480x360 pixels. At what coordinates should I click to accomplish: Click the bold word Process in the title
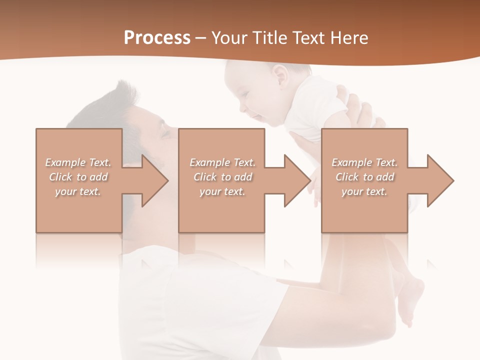click(x=157, y=38)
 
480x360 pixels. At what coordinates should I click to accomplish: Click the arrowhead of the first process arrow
click(x=155, y=180)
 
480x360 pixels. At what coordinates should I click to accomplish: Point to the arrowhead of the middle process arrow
click(x=297, y=180)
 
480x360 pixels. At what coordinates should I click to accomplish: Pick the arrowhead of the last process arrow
click(x=440, y=180)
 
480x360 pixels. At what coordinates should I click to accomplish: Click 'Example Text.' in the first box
click(x=78, y=162)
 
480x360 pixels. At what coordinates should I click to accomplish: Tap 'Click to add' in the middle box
click(x=222, y=177)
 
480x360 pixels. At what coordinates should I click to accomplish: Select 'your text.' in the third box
click(x=364, y=191)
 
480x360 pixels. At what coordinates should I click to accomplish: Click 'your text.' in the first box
click(x=78, y=191)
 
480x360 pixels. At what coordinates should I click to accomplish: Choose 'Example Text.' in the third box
click(x=364, y=162)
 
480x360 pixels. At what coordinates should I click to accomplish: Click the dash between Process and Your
click(x=201, y=39)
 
